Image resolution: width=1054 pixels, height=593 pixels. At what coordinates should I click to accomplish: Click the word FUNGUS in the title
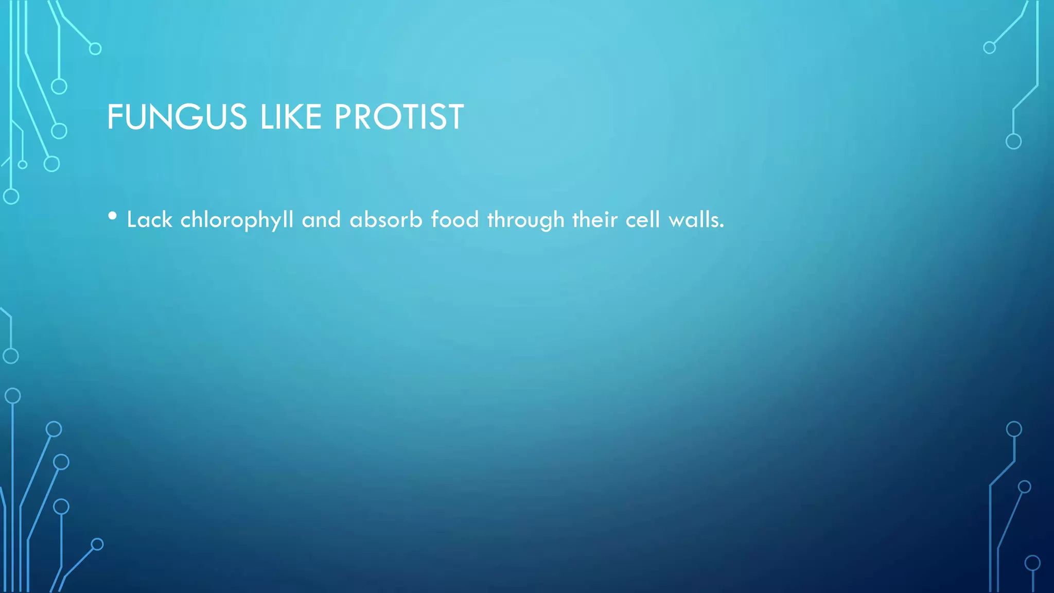point(177,117)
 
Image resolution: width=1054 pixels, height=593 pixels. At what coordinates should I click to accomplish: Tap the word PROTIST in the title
point(399,117)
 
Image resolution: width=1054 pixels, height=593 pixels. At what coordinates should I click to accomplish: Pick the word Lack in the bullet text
point(149,220)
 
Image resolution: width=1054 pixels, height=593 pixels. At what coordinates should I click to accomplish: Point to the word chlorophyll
point(237,220)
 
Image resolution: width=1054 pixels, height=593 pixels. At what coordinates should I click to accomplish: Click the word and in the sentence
point(321,220)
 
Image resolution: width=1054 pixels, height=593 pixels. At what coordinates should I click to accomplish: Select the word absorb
point(386,220)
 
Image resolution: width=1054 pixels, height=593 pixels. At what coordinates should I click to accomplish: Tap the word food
point(455,220)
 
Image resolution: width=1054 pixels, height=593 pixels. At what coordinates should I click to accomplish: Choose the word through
point(525,220)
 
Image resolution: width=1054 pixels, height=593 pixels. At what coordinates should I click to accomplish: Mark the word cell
point(643,220)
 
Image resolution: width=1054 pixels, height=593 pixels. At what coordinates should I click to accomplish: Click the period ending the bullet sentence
point(722,226)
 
